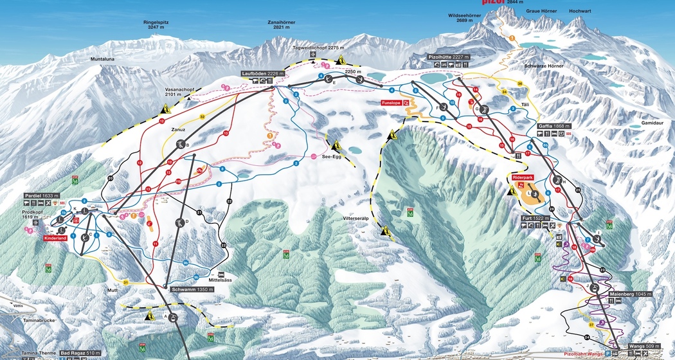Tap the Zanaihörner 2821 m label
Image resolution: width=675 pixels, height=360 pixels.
click(282, 25)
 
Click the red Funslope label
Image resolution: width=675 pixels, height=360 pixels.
click(391, 102)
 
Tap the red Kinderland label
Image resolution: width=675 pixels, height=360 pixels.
click(55, 239)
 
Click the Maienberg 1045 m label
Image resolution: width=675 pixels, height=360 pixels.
click(630, 294)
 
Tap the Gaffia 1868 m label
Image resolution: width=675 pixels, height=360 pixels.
click(553, 126)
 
